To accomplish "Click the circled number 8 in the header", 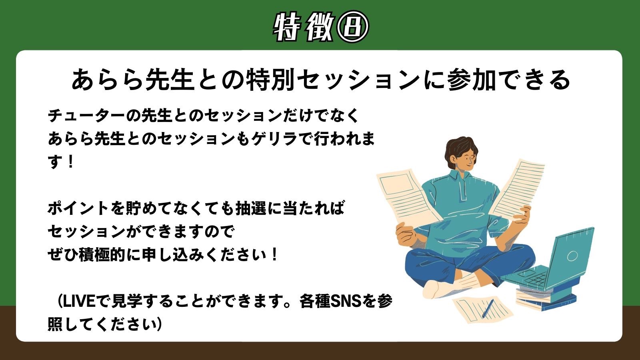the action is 353,27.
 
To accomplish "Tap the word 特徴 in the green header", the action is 304,27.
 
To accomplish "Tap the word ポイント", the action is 77,208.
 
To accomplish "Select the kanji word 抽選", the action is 250,208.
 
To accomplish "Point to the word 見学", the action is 126,301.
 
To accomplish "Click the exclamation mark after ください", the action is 274,254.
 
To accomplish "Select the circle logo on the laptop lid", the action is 572,255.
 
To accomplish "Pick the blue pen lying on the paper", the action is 488,308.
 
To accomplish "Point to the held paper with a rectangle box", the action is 407,197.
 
